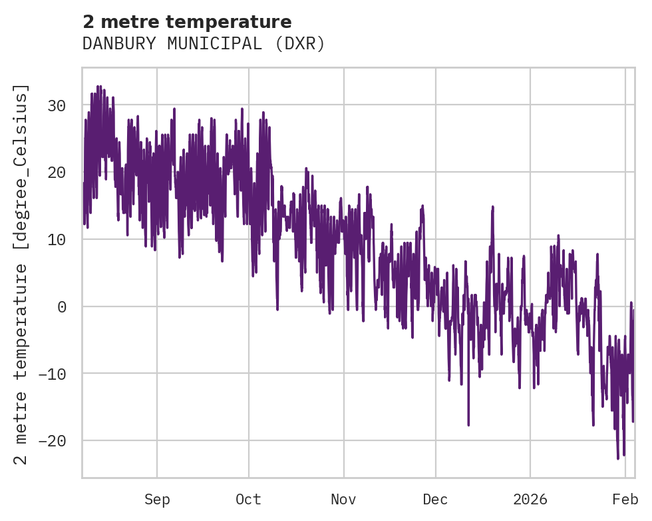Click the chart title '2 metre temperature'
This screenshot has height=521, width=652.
pyautogui.click(x=187, y=21)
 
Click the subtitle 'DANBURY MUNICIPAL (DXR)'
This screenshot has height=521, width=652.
pyautogui.click(x=204, y=44)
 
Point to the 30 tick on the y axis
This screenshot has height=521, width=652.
pyautogui.click(x=59, y=105)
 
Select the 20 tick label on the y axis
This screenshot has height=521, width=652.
pyautogui.click(x=59, y=173)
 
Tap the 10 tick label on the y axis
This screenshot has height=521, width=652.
pyautogui.click(x=59, y=239)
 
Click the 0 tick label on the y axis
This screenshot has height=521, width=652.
pyautogui.click(x=63, y=306)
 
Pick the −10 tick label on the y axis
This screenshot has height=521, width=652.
pyautogui.click(x=54, y=374)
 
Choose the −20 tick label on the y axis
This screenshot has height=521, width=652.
pyautogui.click(x=54, y=440)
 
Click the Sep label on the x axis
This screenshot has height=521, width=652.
pyautogui.click(x=157, y=500)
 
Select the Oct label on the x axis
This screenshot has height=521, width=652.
pyautogui.click(x=248, y=500)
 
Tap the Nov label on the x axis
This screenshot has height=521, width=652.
pyautogui.click(x=344, y=500)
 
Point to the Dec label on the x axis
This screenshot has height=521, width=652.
pyautogui.click(x=436, y=500)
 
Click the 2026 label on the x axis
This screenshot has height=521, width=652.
pyautogui.click(x=530, y=500)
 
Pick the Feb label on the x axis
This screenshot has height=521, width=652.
pyautogui.click(x=625, y=500)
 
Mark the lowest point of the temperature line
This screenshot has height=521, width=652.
pyautogui.click(x=618, y=458)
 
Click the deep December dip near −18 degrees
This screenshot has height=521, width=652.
pyautogui.click(x=468, y=424)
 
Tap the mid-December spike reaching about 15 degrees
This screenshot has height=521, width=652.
pyautogui.click(x=493, y=207)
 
